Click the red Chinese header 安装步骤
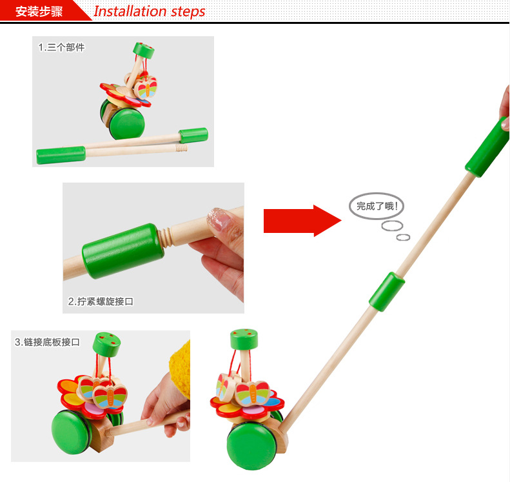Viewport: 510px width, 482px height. (x=39, y=12)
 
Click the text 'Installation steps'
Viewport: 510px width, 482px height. (x=150, y=12)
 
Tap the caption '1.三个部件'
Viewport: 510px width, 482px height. (x=61, y=48)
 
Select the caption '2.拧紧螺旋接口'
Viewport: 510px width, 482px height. (x=101, y=301)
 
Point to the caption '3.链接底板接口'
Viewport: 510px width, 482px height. (x=47, y=342)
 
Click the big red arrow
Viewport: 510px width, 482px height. (x=302, y=221)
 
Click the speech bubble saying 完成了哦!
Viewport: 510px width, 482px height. (x=377, y=206)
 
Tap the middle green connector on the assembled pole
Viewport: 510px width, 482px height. (x=387, y=292)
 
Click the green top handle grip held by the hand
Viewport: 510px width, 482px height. (x=487, y=147)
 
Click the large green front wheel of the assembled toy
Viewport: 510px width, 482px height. (x=251, y=447)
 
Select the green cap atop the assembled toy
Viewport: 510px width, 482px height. (x=244, y=339)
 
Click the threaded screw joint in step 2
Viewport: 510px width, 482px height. (x=165, y=238)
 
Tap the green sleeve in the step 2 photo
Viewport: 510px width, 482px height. (x=123, y=251)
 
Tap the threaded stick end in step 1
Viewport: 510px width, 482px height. (x=181, y=148)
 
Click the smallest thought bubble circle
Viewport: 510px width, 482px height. (x=403, y=237)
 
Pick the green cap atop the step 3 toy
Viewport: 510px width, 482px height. (x=106, y=344)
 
